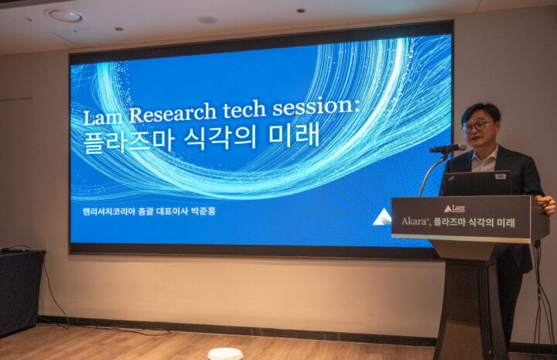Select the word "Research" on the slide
click(x=173, y=113)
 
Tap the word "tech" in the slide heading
click(x=244, y=109)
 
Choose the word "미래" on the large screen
click(x=294, y=135)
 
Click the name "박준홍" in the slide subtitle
click(x=203, y=211)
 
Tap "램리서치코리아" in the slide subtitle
click(x=109, y=211)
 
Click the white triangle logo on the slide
click(x=382, y=218)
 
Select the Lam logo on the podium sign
click(x=454, y=208)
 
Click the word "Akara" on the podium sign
click(x=414, y=221)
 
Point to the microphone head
click(x=448, y=148)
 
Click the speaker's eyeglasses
click(x=477, y=126)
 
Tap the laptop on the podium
click(x=478, y=183)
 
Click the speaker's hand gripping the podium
click(x=546, y=204)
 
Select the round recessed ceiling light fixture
click(x=65, y=15)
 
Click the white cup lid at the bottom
click(x=225, y=355)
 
